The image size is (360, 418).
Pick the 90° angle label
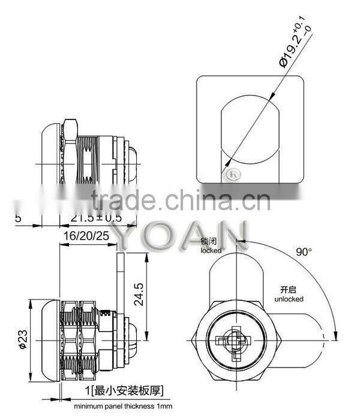tap(304, 252)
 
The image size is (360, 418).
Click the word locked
tap(211, 250)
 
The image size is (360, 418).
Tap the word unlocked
tap(289, 298)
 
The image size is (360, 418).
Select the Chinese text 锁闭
tap(211, 241)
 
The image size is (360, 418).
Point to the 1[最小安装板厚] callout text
tap(124, 392)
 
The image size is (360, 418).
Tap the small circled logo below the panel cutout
tap(229, 175)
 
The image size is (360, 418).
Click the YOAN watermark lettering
tap(180, 235)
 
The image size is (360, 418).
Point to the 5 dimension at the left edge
tap(18, 217)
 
